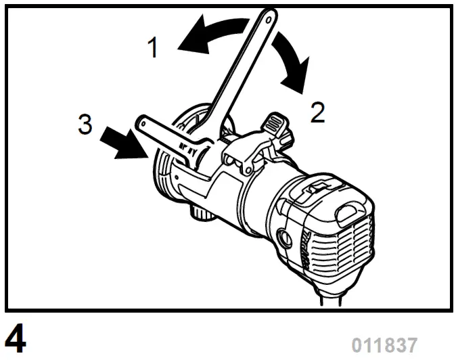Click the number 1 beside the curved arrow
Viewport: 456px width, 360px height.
tap(155, 48)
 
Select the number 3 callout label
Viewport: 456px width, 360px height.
tap(85, 125)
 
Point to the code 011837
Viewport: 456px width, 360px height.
tap(384, 344)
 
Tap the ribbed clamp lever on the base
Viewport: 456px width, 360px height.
tap(274, 124)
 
